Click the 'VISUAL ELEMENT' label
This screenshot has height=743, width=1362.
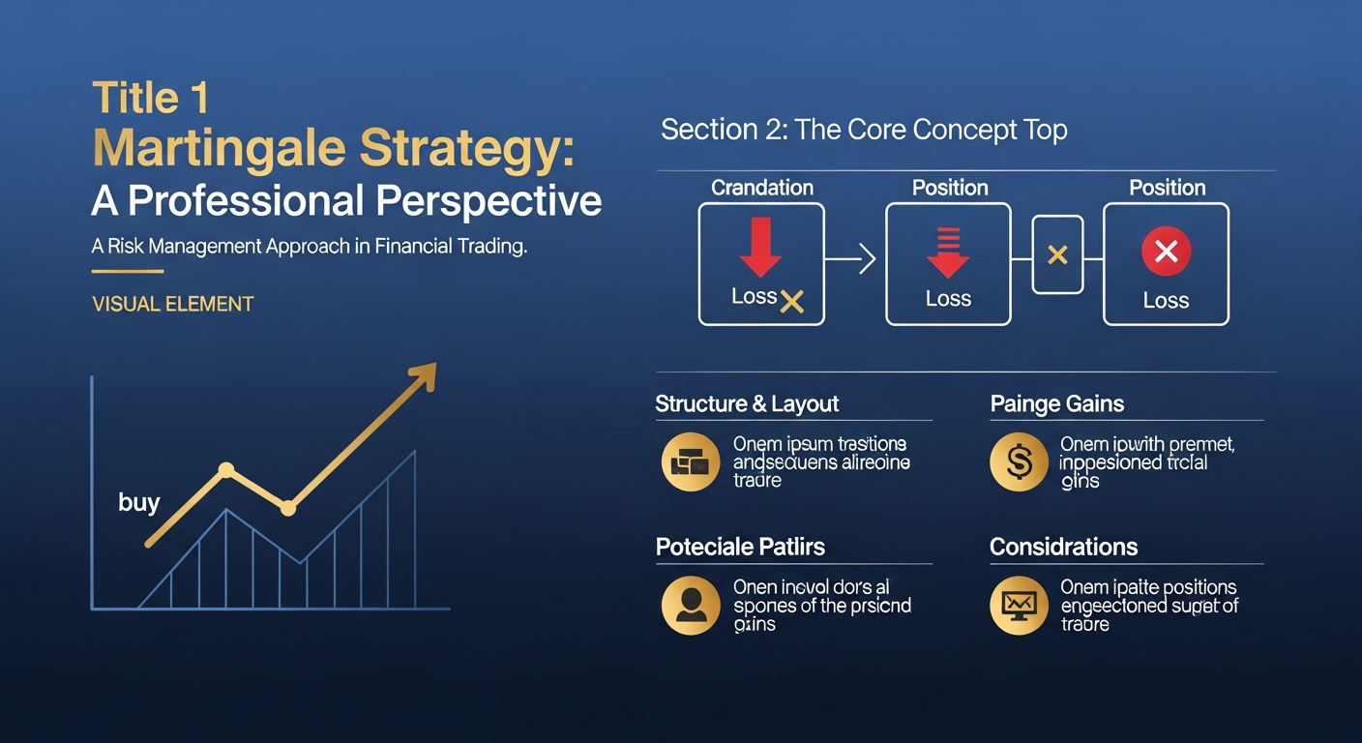pos(172,304)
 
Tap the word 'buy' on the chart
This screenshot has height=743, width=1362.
pos(138,502)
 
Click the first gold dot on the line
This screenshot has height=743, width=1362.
pos(226,470)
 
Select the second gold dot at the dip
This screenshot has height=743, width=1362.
pos(287,507)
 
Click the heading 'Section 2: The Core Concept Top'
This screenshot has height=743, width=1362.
pos(863,130)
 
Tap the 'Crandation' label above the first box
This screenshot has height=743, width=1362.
pos(762,188)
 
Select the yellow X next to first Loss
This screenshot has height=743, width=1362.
pos(792,302)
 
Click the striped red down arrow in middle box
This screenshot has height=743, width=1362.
pos(948,252)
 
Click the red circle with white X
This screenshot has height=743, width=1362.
pos(1166,252)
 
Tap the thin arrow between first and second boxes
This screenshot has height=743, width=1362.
pos(850,259)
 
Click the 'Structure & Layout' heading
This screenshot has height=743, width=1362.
pos(747,404)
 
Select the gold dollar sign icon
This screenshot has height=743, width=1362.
pos(1019,462)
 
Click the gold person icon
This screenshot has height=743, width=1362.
pos(690,606)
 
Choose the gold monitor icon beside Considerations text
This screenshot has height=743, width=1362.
pos(1019,606)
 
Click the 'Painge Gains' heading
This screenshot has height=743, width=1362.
pos(1056,404)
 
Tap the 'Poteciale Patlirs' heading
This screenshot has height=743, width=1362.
pos(740,548)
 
